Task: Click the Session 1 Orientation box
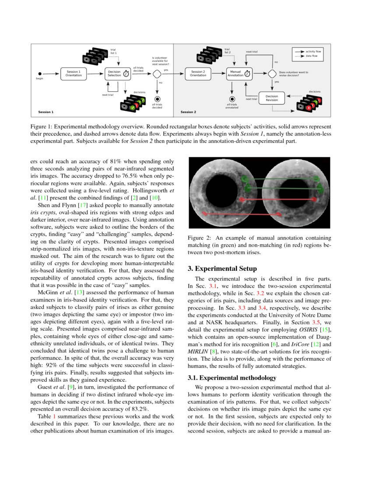click(x=74, y=73)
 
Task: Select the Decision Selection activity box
click(x=115, y=73)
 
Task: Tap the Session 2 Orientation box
click(x=198, y=73)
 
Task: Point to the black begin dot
click(x=40, y=74)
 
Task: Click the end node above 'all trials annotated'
click(x=232, y=99)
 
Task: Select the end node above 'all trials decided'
click(x=157, y=99)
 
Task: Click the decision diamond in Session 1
click(x=157, y=73)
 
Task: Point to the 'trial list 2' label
click(x=227, y=51)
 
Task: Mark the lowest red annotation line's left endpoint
click(x=203, y=213)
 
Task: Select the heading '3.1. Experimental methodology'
click(x=232, y=377)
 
